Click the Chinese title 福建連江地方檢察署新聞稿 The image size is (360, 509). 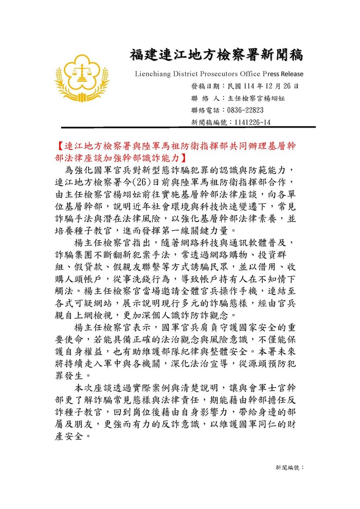(217, 55)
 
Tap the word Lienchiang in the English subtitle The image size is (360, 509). (155, 73)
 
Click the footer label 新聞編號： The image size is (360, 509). (290, 467)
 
